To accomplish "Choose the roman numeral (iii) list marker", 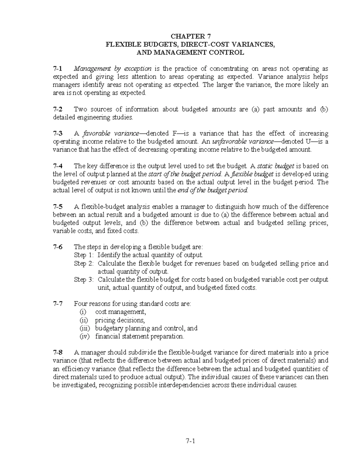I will pyautogui.click(x=85, y=328).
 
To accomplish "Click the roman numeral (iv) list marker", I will pyautogui.click(x=85, y=336).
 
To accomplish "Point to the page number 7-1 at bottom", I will pyautogui.click(x=190, y=441).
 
